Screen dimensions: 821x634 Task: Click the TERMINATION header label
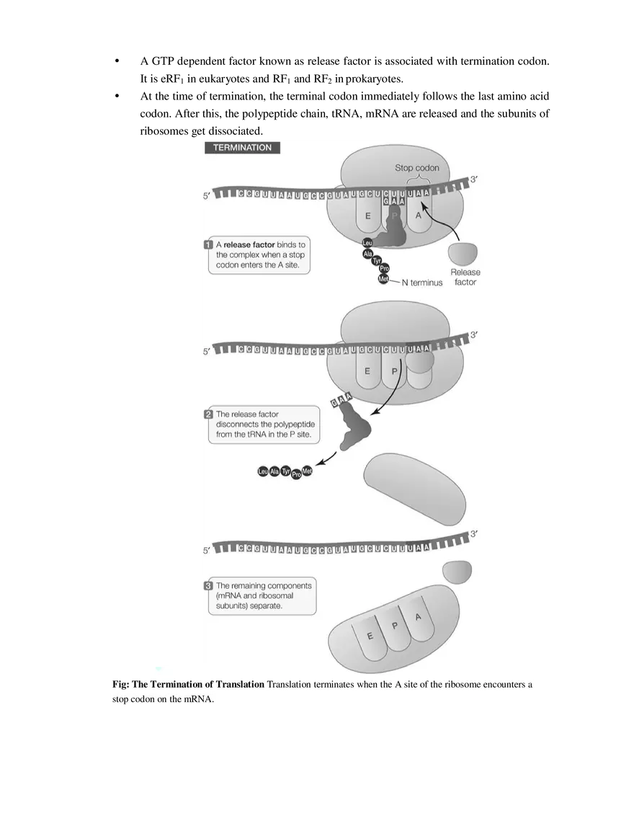[x=242, y=148]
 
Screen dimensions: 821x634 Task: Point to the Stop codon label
[x=416, y=168]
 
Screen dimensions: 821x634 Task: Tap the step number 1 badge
[x=208, y=245]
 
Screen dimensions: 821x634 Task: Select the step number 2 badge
[x=208, y=414]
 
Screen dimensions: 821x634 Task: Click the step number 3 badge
[x=208, y=586]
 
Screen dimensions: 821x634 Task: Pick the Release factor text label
[x=465, y=277]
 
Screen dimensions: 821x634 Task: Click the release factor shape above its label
[x=463, y=254]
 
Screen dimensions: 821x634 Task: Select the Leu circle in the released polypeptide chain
[x=262, y=472]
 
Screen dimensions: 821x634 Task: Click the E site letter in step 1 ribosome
[x=367, y=216]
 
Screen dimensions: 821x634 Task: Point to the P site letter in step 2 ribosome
[x=394, y=372]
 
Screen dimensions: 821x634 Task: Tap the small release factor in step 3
[x=457, y=572]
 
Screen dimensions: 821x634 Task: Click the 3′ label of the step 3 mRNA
[x=473, y=534]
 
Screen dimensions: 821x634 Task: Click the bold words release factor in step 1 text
[x=249, y=245]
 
